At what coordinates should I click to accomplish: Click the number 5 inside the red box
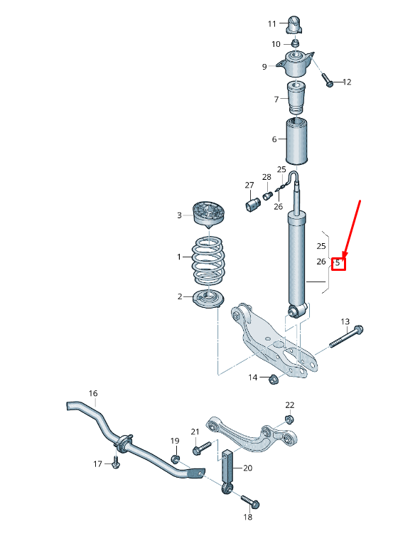coord(338,263)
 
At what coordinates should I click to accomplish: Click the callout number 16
coord(92,393)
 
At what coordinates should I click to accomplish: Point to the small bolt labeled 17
coord(117,464)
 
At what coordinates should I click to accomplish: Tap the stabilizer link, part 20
coord(229,469)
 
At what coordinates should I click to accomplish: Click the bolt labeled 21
coord(201,448)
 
